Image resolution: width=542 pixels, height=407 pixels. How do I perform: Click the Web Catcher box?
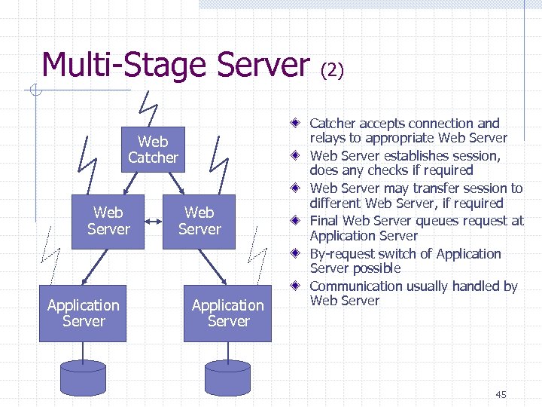153,149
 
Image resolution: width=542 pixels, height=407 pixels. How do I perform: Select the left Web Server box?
108,221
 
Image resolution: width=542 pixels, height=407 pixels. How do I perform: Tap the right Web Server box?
199,221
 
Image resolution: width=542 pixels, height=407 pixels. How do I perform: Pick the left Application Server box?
83,313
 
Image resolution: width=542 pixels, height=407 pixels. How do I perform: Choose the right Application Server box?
227,313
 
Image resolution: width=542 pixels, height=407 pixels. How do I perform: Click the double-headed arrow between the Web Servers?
154,222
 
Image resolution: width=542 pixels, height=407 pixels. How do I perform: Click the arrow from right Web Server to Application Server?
214,267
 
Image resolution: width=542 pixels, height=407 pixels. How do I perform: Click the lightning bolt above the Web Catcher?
149,108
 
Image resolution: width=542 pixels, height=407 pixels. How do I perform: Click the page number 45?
501,395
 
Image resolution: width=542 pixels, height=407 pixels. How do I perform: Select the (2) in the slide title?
332,70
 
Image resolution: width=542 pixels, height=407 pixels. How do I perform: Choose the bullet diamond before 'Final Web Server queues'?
298,221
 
